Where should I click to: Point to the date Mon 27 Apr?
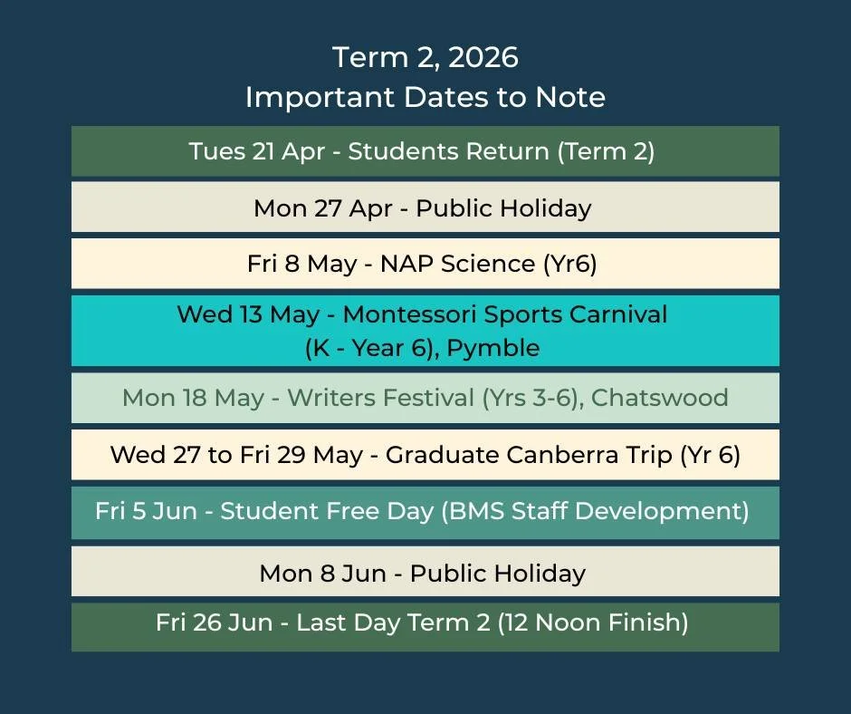point(323,208)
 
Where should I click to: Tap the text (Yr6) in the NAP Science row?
point(569,264)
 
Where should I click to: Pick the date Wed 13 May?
point(248,314)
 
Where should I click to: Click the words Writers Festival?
point(374,398)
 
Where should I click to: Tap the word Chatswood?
point(660,398)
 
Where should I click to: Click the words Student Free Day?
point(327,511)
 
